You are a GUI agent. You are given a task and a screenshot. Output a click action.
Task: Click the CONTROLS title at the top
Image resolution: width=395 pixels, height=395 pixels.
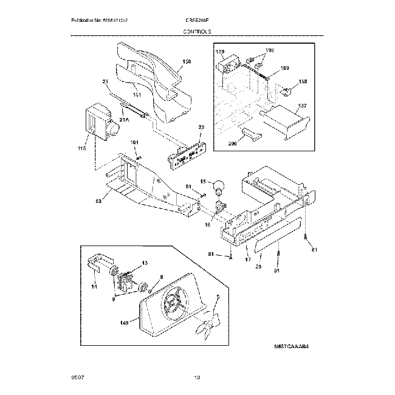click(x=197, y=30)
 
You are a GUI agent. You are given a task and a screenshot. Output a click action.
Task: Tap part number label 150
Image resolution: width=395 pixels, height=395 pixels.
click(x=187, y=61)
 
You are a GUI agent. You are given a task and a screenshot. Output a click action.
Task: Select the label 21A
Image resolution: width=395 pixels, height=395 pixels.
click(x=125, y=120)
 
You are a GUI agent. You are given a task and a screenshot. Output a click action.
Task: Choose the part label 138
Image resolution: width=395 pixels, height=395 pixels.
click(x=303, y=81)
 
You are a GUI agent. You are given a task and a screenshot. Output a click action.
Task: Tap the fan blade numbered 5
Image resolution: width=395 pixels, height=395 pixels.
click(x=208, y=321)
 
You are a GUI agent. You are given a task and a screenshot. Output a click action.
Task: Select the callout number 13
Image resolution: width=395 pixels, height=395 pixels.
click(x=144, y=263)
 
